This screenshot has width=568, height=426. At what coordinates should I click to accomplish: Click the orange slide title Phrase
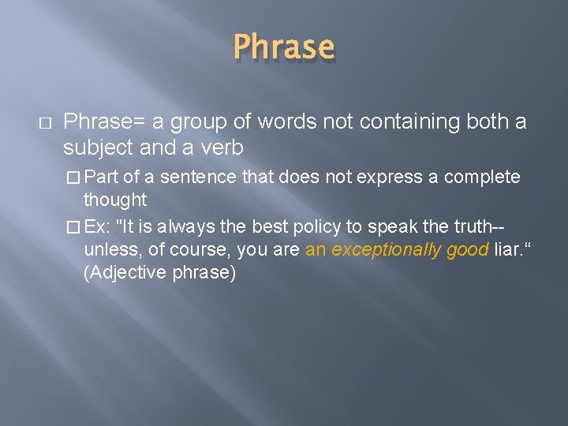pyautogui.click(x=284, y=48)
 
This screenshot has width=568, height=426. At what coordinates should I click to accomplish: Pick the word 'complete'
pyautogui.click(x=482, y=177)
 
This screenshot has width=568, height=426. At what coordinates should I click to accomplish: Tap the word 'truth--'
pyautogui.click(x=479, y=226)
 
